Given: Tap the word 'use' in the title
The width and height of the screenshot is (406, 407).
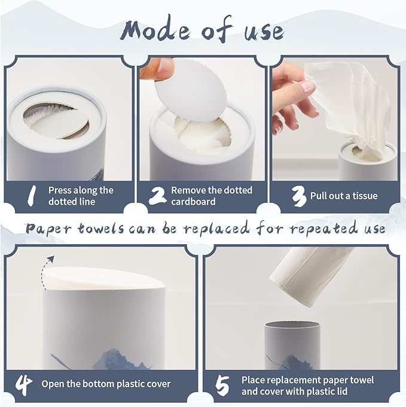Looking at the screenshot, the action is coord(264,32).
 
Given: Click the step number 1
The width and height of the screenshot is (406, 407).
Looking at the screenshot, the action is coord(31,196).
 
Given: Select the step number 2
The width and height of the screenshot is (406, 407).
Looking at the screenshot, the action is coord(157,196).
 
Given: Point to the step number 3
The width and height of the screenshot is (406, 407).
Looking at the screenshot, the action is coord(298,197).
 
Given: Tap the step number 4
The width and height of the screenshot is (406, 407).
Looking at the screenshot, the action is coord(24,384).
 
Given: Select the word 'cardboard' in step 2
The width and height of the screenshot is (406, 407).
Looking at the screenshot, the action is coord(193,202).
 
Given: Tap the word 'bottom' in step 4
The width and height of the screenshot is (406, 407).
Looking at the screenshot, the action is coord(96,384).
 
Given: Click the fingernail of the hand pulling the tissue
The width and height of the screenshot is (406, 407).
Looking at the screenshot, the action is coord(309,86).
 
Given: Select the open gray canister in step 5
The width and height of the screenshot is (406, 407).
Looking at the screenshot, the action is coord(292,345).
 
